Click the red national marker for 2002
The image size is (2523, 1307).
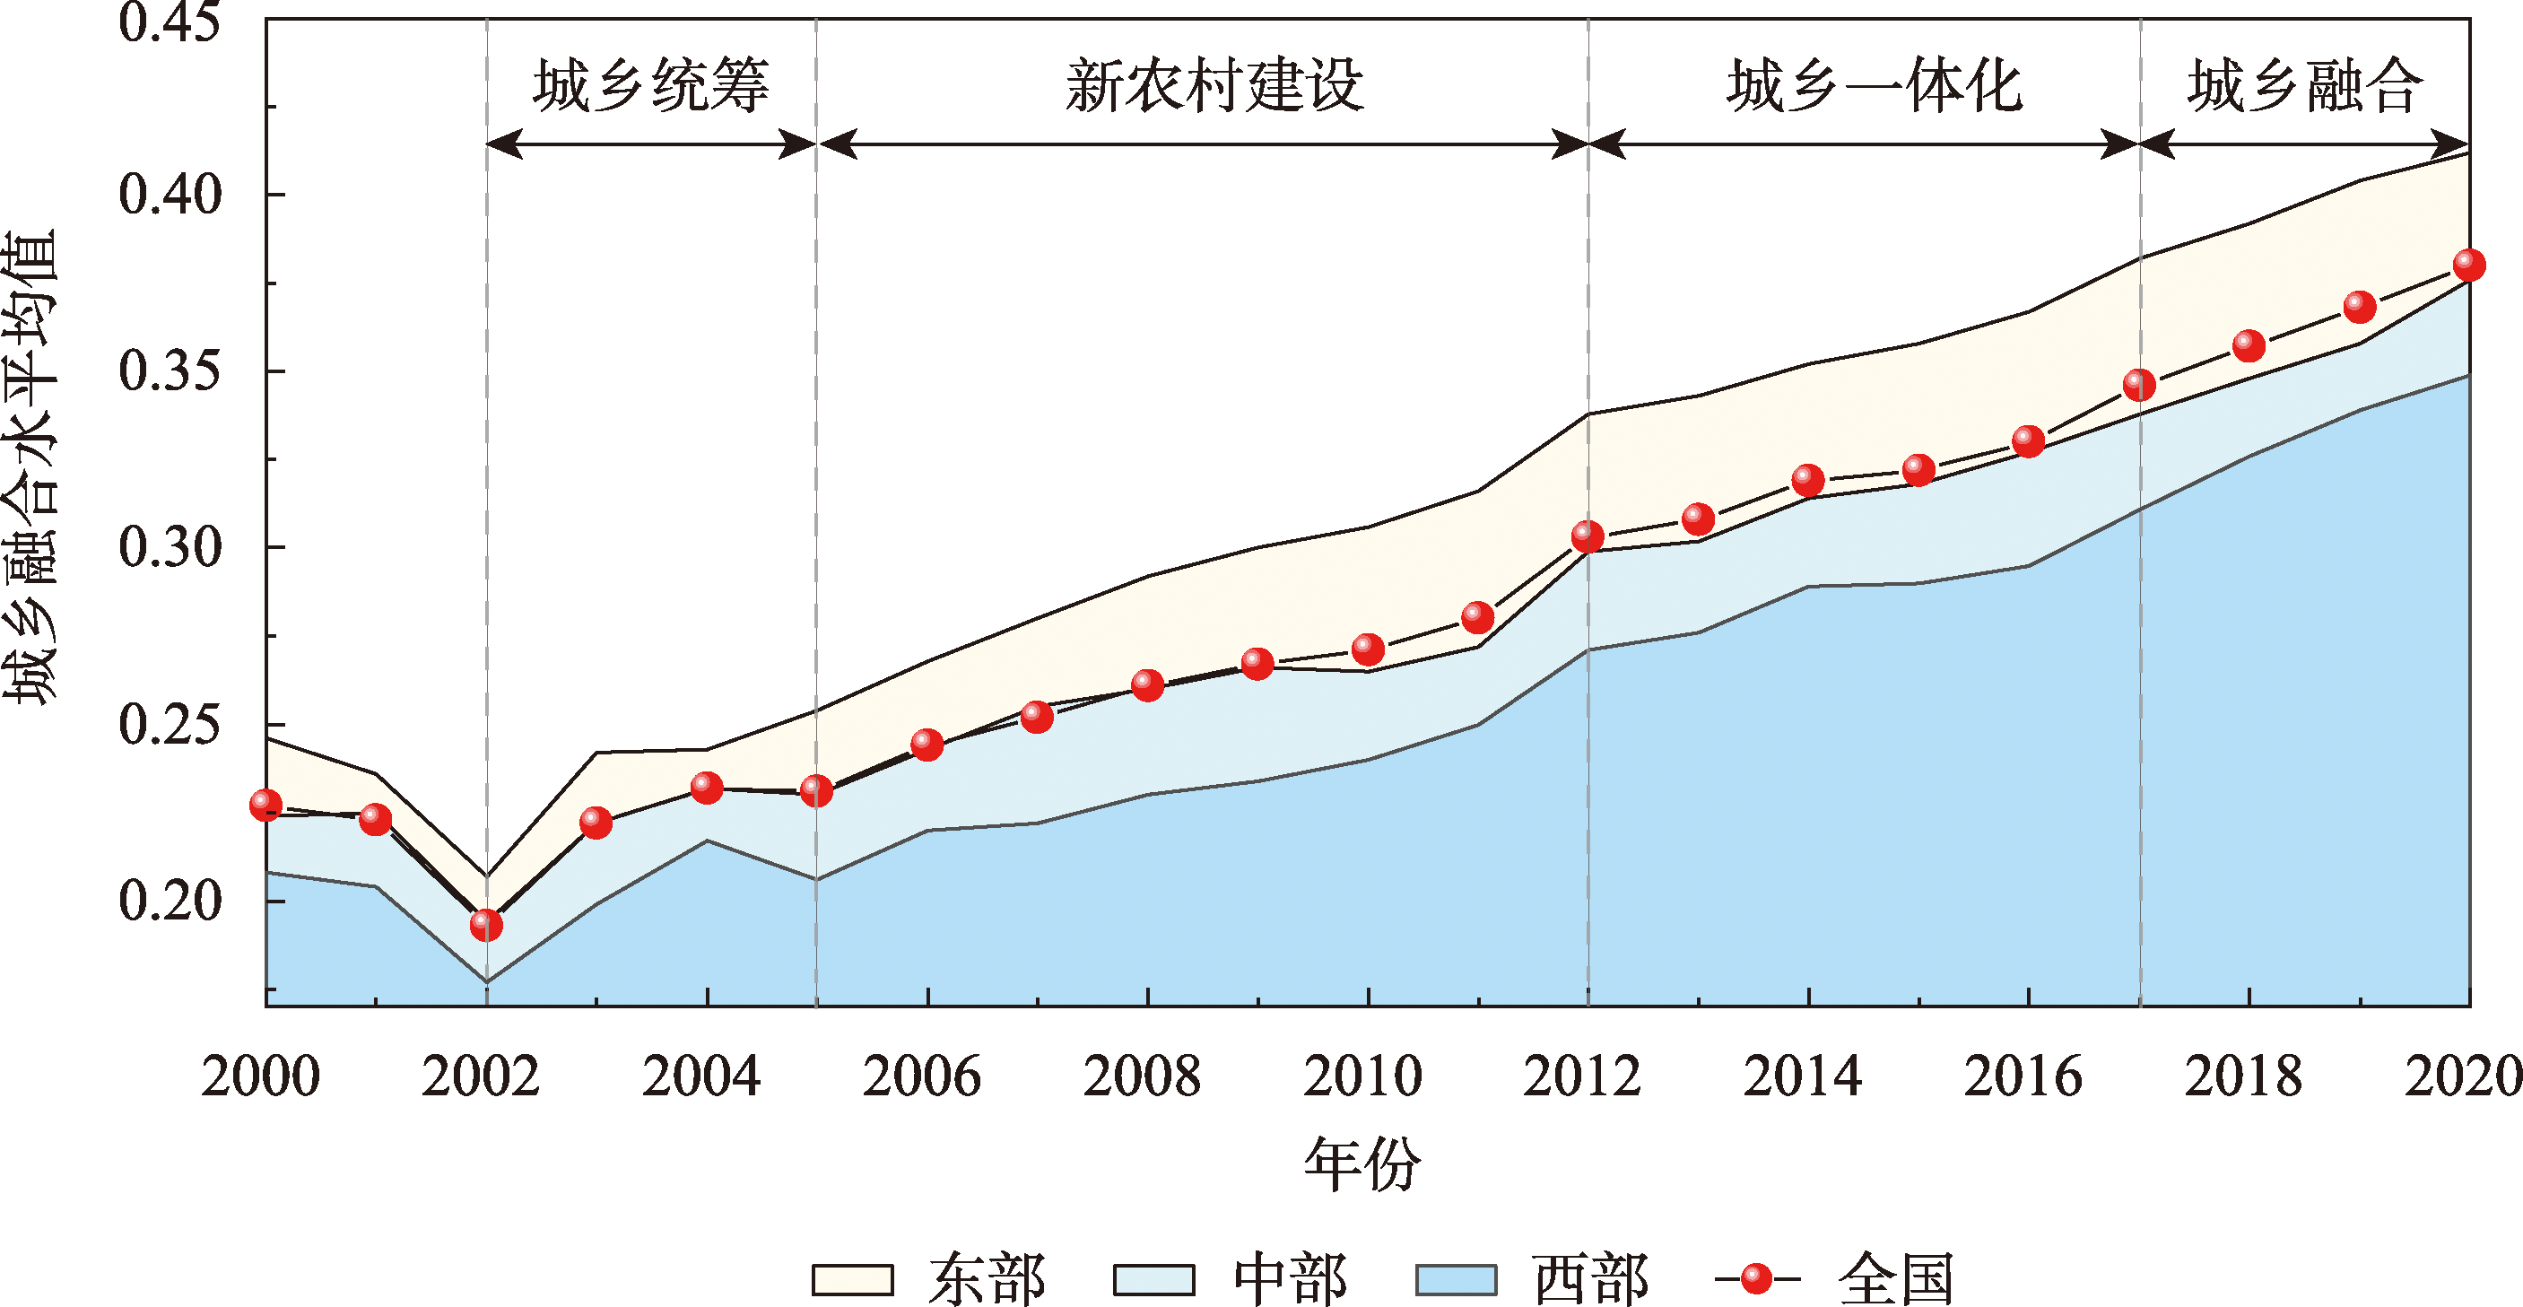pos(486,924)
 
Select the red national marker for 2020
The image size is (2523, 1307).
pos(2468,265)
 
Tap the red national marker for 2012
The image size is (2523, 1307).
pos(1588,537)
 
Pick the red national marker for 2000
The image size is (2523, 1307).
pos(265,805)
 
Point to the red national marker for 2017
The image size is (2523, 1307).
pos(2139,385)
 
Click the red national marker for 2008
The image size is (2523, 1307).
pos(1148,684)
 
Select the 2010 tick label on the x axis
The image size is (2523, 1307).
pos(1362,1076)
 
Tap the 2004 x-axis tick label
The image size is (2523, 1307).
pos(701,1076)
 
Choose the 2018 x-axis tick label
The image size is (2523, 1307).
pos(2243,1076)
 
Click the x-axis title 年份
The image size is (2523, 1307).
pos(1362,1165)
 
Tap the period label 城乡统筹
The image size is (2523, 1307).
pos(651,86)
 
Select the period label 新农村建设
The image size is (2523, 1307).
pos(1214,86)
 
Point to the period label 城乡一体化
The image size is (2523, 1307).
pos(1875,86)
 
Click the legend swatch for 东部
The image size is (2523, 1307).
pos(853,1279)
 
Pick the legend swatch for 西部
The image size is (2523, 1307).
pos(1457,1279)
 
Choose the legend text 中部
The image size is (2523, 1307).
pos(1291,1279)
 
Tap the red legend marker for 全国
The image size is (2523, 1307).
pos(1757,1278)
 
